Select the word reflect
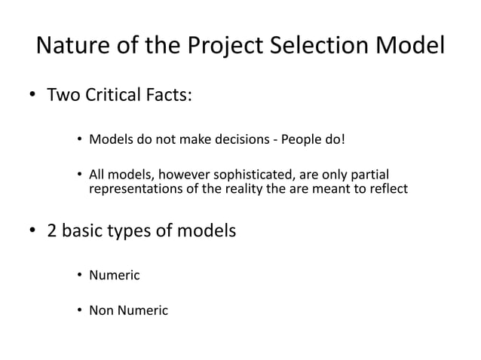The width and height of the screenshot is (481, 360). coord(389,188)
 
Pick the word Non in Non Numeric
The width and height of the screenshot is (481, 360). coord(102,309)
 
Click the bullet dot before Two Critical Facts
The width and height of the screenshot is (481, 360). coord(33,96)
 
